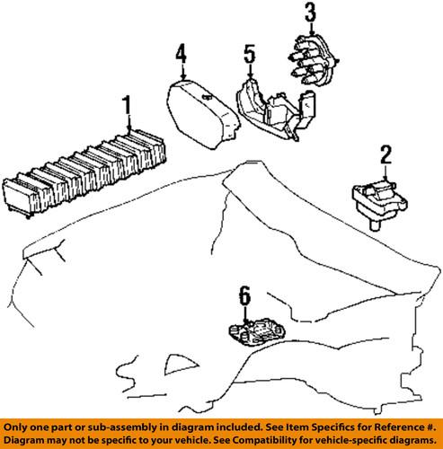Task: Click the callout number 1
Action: point(127,105)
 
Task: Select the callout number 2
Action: point(386,154)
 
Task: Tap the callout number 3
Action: point(311,13)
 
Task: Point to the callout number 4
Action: point(182,54)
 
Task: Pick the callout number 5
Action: point(250,54)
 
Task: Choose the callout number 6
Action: point(244,295)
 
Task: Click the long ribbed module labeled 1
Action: point(84,173)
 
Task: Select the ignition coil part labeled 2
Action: point(379,204)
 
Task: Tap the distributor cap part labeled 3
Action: point(313,61)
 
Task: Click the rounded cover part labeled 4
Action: point(203,115)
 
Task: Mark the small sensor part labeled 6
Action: point(257,331)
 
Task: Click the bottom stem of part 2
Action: point(374,225)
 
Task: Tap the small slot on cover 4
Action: point(207,96)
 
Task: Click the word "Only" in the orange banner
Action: point(14,427)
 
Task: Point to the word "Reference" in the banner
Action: point(400,427)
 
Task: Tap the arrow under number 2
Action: point(386,173)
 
